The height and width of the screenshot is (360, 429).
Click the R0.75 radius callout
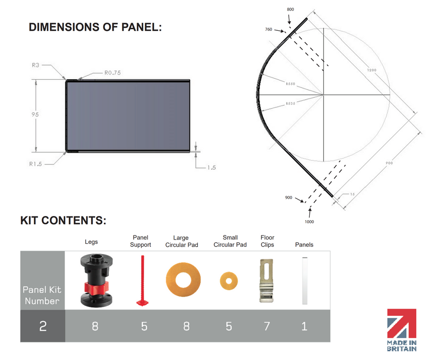coord(113,73)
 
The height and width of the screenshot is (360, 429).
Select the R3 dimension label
coord(35,65)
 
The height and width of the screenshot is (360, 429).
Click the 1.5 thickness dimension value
coord(211,167)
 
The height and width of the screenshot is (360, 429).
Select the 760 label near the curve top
coord(269,29)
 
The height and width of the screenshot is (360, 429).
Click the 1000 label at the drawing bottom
coord(309,222)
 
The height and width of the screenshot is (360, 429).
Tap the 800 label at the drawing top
coord(291,10)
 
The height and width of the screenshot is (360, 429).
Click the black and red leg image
coord(95,280)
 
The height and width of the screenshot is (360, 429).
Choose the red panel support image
coord(141,280)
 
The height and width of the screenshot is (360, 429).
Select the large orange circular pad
coord(179,280)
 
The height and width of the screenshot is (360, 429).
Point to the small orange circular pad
coord(229,280)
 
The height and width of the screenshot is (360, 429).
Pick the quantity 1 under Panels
coord(304,326)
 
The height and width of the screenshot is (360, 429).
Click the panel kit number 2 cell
coord(43,326)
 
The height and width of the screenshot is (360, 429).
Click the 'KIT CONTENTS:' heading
coord(63,221)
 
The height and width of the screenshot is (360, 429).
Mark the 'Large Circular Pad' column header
coord(181,241)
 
